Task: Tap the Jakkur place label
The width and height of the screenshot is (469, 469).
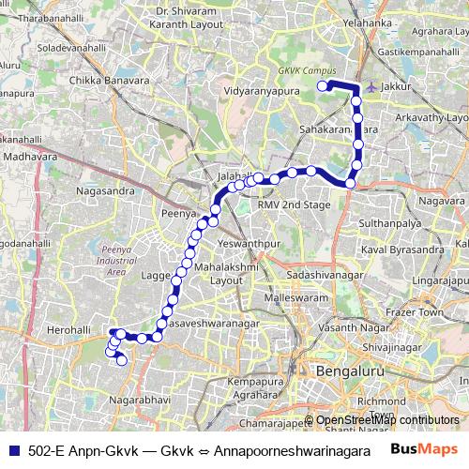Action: tap(398, 86)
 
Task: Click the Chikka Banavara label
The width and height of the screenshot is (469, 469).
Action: tap(110, 81)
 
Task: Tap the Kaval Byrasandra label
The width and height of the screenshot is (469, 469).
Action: tap(403, 250)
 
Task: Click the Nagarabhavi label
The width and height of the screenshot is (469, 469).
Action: tap(139, 400)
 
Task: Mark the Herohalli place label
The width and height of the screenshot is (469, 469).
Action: tap(69, 330)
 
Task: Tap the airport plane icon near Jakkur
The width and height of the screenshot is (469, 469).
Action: tap(373, 86)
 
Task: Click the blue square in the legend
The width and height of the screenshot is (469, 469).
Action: tap(14, 450)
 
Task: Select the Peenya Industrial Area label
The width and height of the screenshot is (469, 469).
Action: tap(117, 260)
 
